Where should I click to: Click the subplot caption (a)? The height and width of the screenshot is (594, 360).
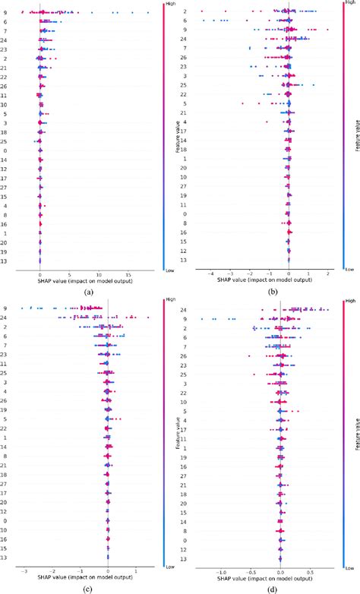tap(90, 291)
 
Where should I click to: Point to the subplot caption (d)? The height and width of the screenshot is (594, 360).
tap(272, 585)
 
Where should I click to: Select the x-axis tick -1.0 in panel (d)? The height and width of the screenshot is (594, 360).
tap(221, 568)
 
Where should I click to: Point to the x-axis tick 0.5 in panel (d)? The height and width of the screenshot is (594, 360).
tap(310, 568)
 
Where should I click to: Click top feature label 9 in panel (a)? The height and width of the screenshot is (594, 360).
tap(6, 12)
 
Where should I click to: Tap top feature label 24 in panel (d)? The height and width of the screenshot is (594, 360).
tap(185, 309)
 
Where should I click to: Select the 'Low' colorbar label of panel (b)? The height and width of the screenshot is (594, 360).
tap(348, 268)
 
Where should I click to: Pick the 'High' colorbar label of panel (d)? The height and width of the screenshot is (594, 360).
tap(348, 301)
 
